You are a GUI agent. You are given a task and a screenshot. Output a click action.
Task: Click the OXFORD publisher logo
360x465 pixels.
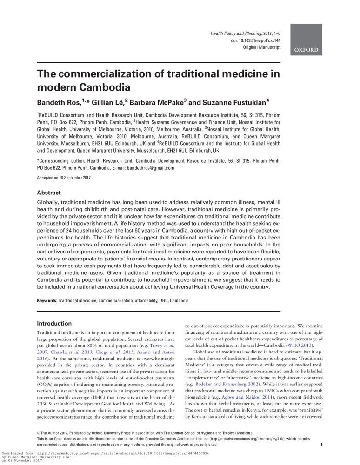[306, 50]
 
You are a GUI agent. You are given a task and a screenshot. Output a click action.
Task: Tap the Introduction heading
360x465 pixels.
[54, 323]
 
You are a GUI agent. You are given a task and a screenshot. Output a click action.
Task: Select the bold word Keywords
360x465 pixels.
[47, 300]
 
